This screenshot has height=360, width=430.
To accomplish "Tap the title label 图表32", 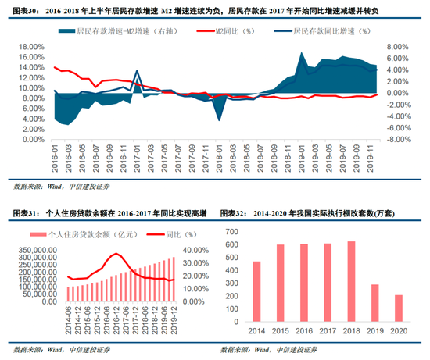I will click(234, 213).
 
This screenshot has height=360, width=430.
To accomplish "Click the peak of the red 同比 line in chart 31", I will click(116, 254).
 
